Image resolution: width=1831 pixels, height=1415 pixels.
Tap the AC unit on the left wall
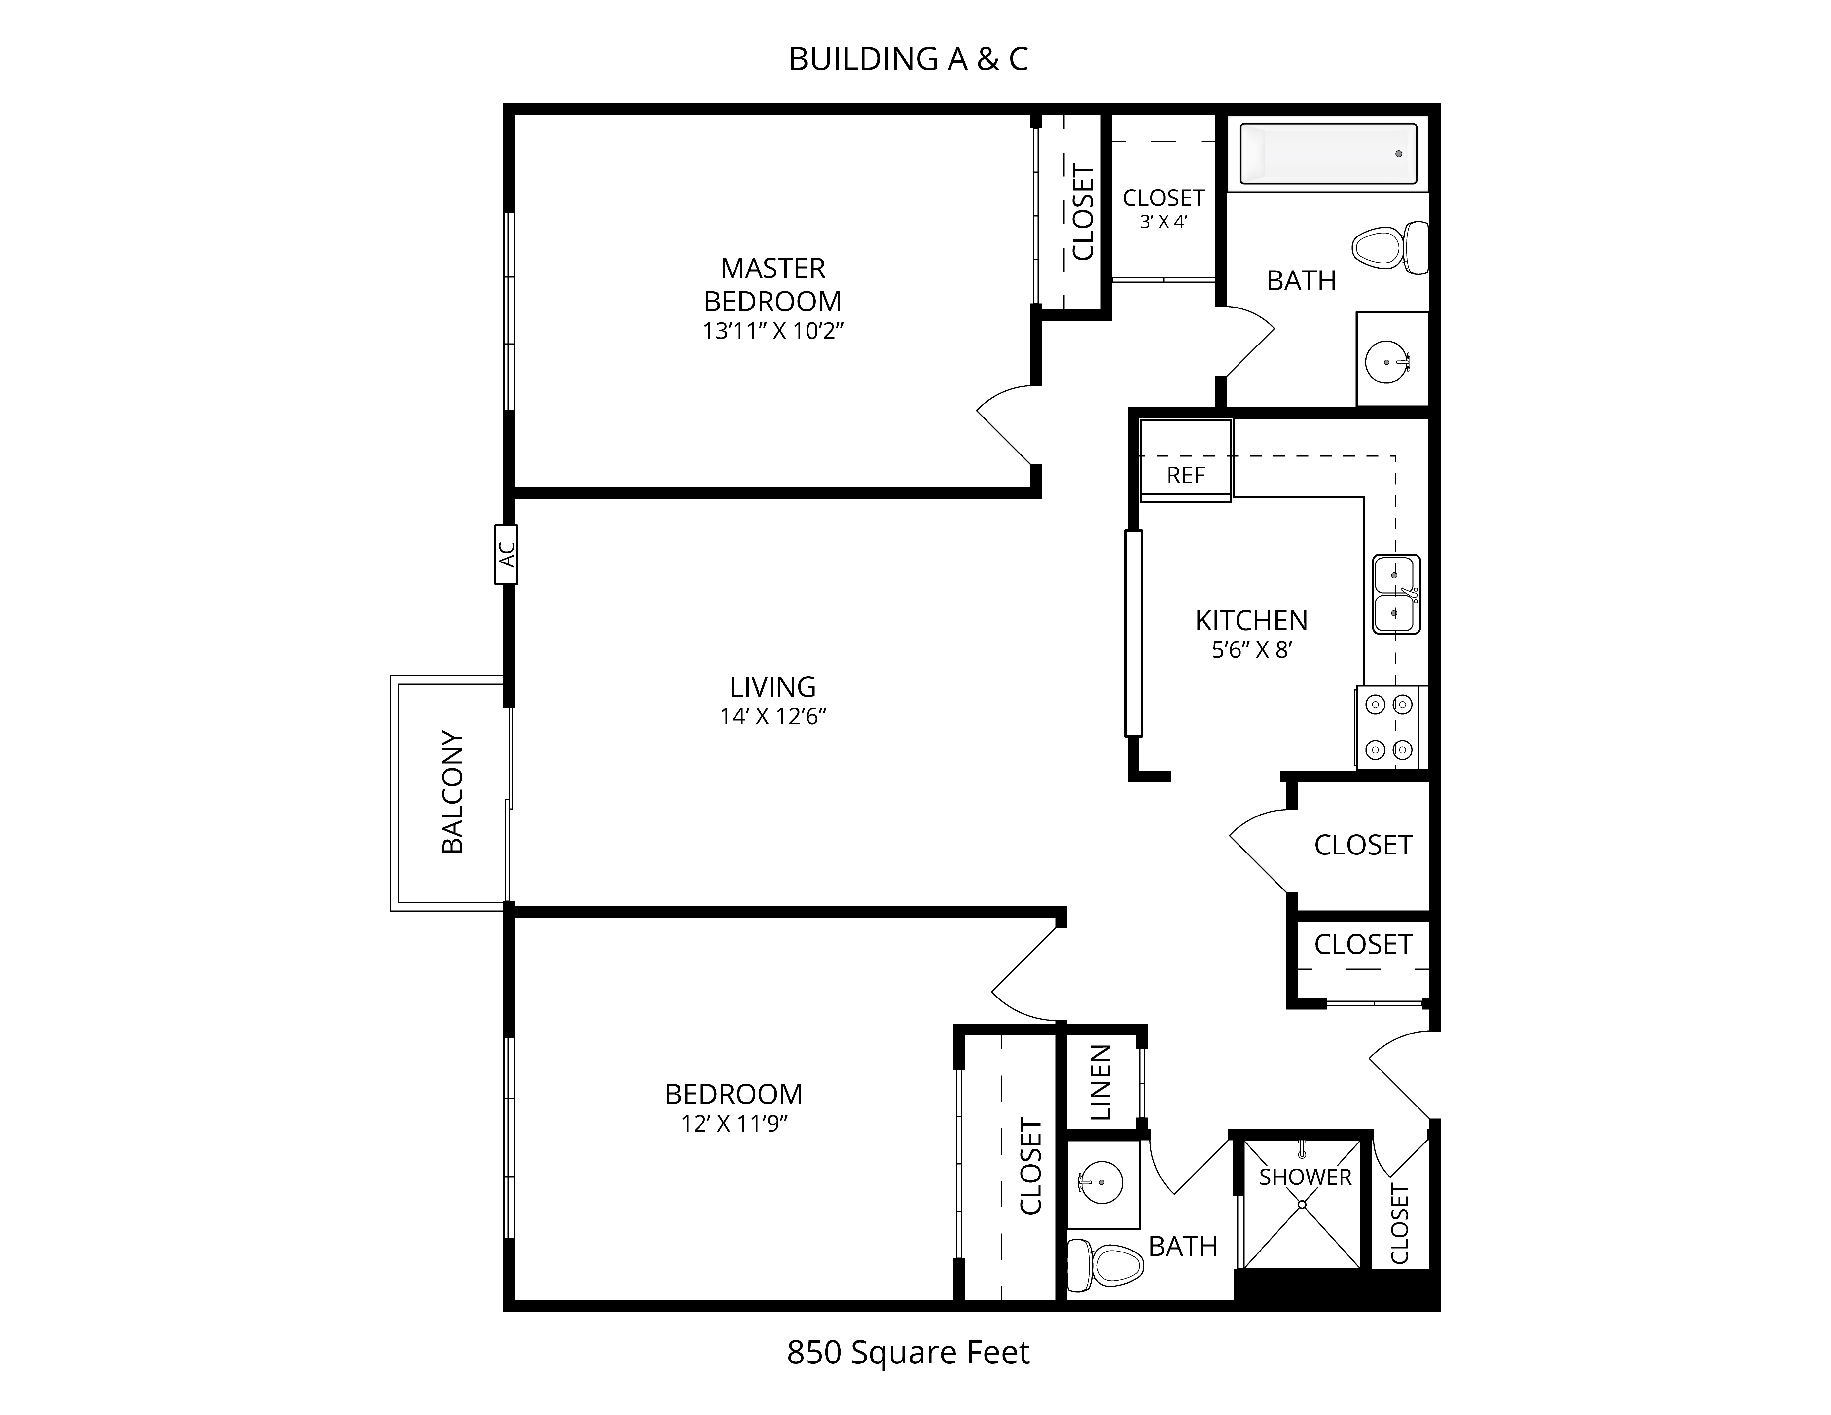[x=506, y=554]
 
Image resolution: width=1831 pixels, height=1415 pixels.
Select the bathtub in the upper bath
[x=1329, y=153]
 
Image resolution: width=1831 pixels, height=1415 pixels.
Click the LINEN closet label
[x=1100, y=1082]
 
